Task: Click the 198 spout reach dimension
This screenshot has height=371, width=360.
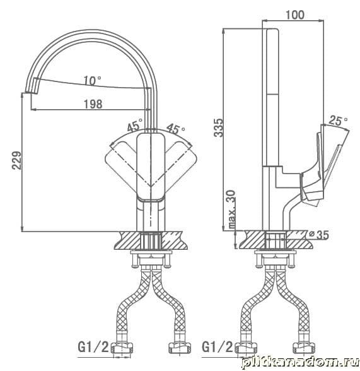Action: (x=93, y=104)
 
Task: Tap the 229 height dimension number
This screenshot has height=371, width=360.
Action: (x=17, y=160)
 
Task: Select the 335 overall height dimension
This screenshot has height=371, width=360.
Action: (x=218, y=127)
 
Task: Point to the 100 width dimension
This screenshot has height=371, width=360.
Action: (x=295, y=15)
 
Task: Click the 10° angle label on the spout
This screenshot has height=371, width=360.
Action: (x=93, y=81)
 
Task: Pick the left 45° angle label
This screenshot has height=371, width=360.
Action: (x=135, y=125)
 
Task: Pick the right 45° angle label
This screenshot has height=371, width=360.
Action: (x=176, y=128)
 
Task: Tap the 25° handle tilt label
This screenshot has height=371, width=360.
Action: (x=339, y=121)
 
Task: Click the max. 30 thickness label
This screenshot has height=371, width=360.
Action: (x=232, y=209)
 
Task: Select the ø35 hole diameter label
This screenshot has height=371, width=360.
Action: (x=319, y=235)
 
